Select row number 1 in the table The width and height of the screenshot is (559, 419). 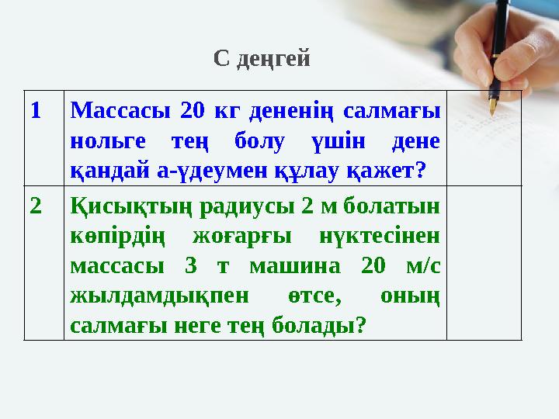click(36, 111)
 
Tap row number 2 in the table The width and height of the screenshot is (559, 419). click(36, 206)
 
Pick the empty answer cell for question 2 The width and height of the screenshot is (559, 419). click(483, 264)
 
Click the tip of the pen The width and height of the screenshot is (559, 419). click(491, 114)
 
